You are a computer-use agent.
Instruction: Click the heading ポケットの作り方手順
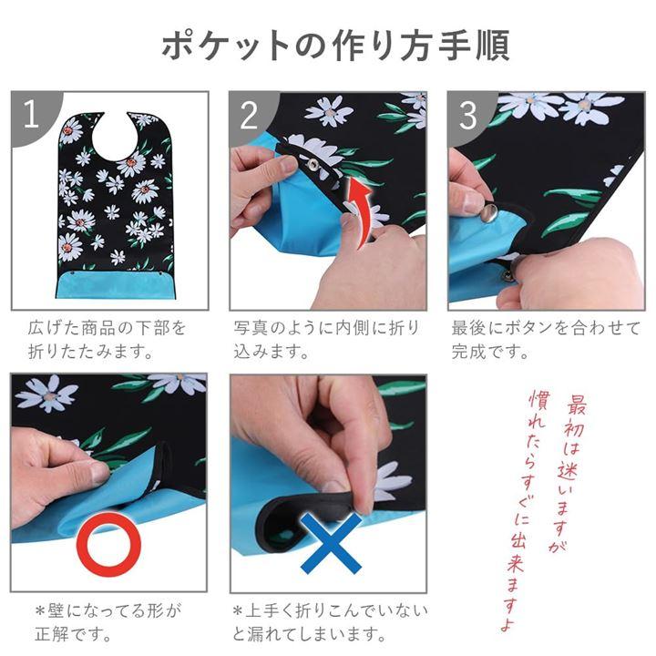(x=335, y=46)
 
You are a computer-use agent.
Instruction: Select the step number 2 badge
(x=251, y=115)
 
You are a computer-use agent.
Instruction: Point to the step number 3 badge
(x=468, y=115)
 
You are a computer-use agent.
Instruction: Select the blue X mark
(x=331, y=543)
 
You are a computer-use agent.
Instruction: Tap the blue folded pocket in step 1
(x=116, y=285)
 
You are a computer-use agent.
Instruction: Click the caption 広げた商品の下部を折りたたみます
(x=108, y=340)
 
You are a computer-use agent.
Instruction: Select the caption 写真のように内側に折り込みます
(x=326, y=340)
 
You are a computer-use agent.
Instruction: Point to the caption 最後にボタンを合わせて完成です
(x=546, y=340)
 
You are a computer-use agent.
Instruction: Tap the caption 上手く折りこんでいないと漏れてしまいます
(x=330, y=622)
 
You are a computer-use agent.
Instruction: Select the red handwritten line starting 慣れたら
(x=523, y=511)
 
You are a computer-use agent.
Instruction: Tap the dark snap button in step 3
(x=507, y=276)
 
